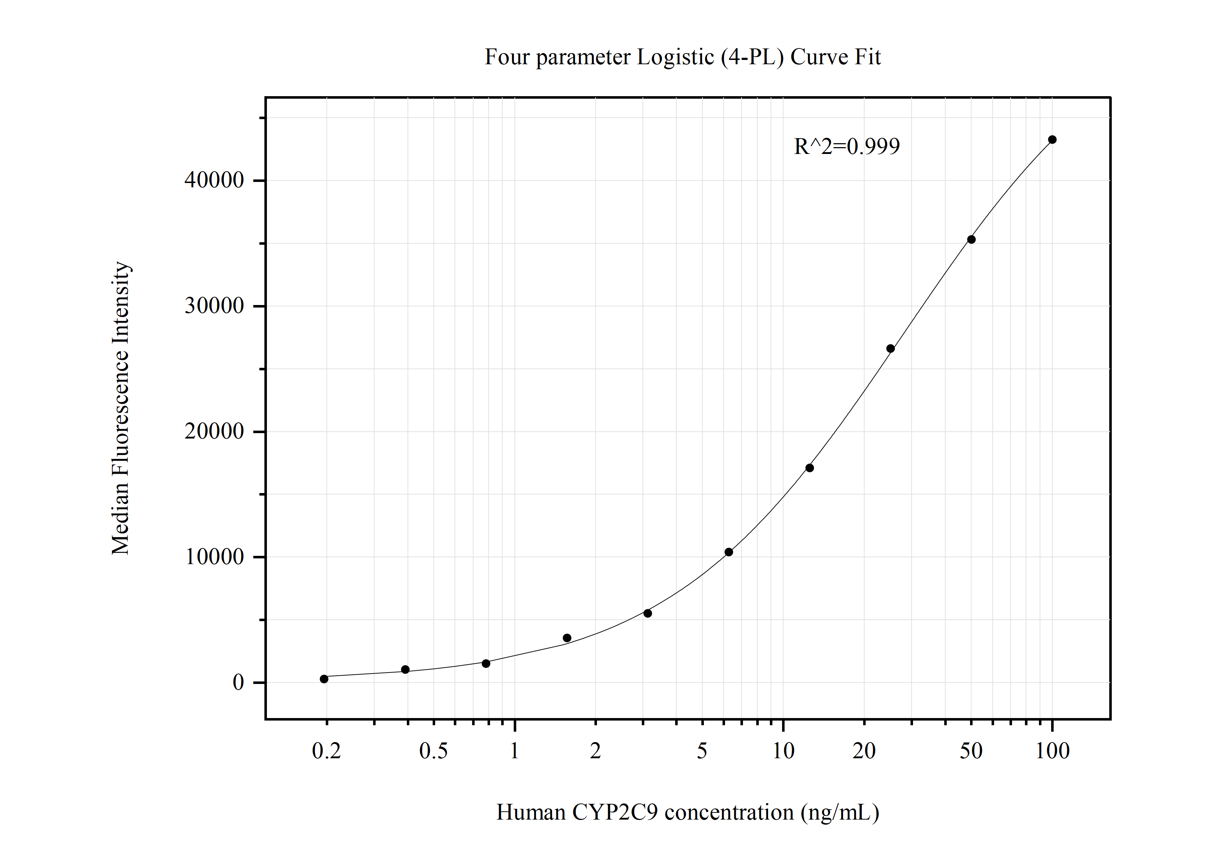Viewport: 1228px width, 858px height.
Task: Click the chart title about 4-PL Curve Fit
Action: (x=682, y=57)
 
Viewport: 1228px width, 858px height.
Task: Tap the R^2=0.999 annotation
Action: (x=847, y=146)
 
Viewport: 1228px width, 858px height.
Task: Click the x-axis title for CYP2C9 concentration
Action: (x=687, y=812)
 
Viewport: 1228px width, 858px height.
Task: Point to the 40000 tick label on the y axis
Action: (x=214, y=180)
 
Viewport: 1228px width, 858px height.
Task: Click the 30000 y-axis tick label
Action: (x=214, y=306)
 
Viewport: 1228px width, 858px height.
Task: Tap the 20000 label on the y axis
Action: (x=214, y=431)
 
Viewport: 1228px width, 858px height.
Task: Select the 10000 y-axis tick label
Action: (x=214, y=557)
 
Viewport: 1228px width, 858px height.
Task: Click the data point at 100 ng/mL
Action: (x=1052, y=140)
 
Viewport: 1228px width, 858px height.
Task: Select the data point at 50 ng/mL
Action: (x=971, y=240)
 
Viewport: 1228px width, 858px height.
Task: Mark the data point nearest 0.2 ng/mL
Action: (x=324, y=679)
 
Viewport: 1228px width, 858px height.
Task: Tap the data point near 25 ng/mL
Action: (x=890, y=349)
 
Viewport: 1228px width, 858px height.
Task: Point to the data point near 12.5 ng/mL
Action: (x=810, y=468)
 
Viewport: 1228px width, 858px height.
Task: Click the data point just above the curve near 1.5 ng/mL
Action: (x=567, y=638)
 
